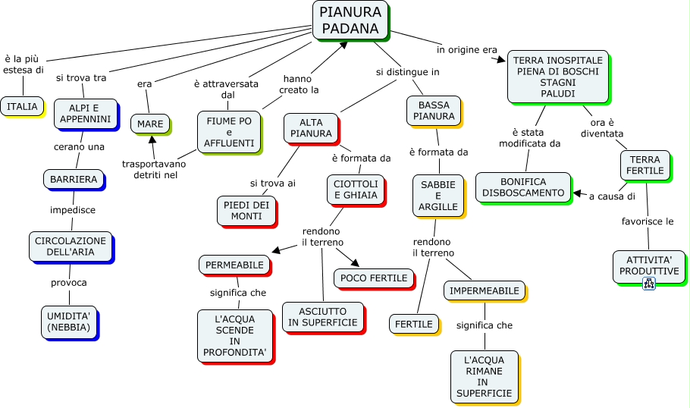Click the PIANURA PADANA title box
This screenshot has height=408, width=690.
[x=350, y=20]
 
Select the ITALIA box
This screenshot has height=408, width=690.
[x=22, y=107]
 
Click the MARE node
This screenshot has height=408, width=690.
[x=151, y=123]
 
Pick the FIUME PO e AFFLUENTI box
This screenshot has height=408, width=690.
[x=229, y=131]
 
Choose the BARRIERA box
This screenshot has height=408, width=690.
[x=74, y=180]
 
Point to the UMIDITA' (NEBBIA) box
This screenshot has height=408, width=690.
[x=68, y=322]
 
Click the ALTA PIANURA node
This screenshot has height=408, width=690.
[x=311, y=128]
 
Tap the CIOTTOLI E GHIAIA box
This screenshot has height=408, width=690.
[x=355, y=189]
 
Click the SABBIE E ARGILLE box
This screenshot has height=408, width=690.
[x=438, y=196]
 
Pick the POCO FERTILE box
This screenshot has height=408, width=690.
[x=374, y=278]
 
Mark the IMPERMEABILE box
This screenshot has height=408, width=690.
[x=485, y=291]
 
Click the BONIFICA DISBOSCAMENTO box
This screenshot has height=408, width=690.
[x=524, y=187]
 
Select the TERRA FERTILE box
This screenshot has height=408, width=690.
[x=645, y=165]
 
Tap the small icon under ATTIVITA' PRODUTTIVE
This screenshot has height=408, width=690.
[x=648, y=284]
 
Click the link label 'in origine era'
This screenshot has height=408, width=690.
[x=466, y=50]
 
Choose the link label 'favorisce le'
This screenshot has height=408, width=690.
[x=648, y=222]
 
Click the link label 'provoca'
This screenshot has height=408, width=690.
[x=69, y=282]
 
